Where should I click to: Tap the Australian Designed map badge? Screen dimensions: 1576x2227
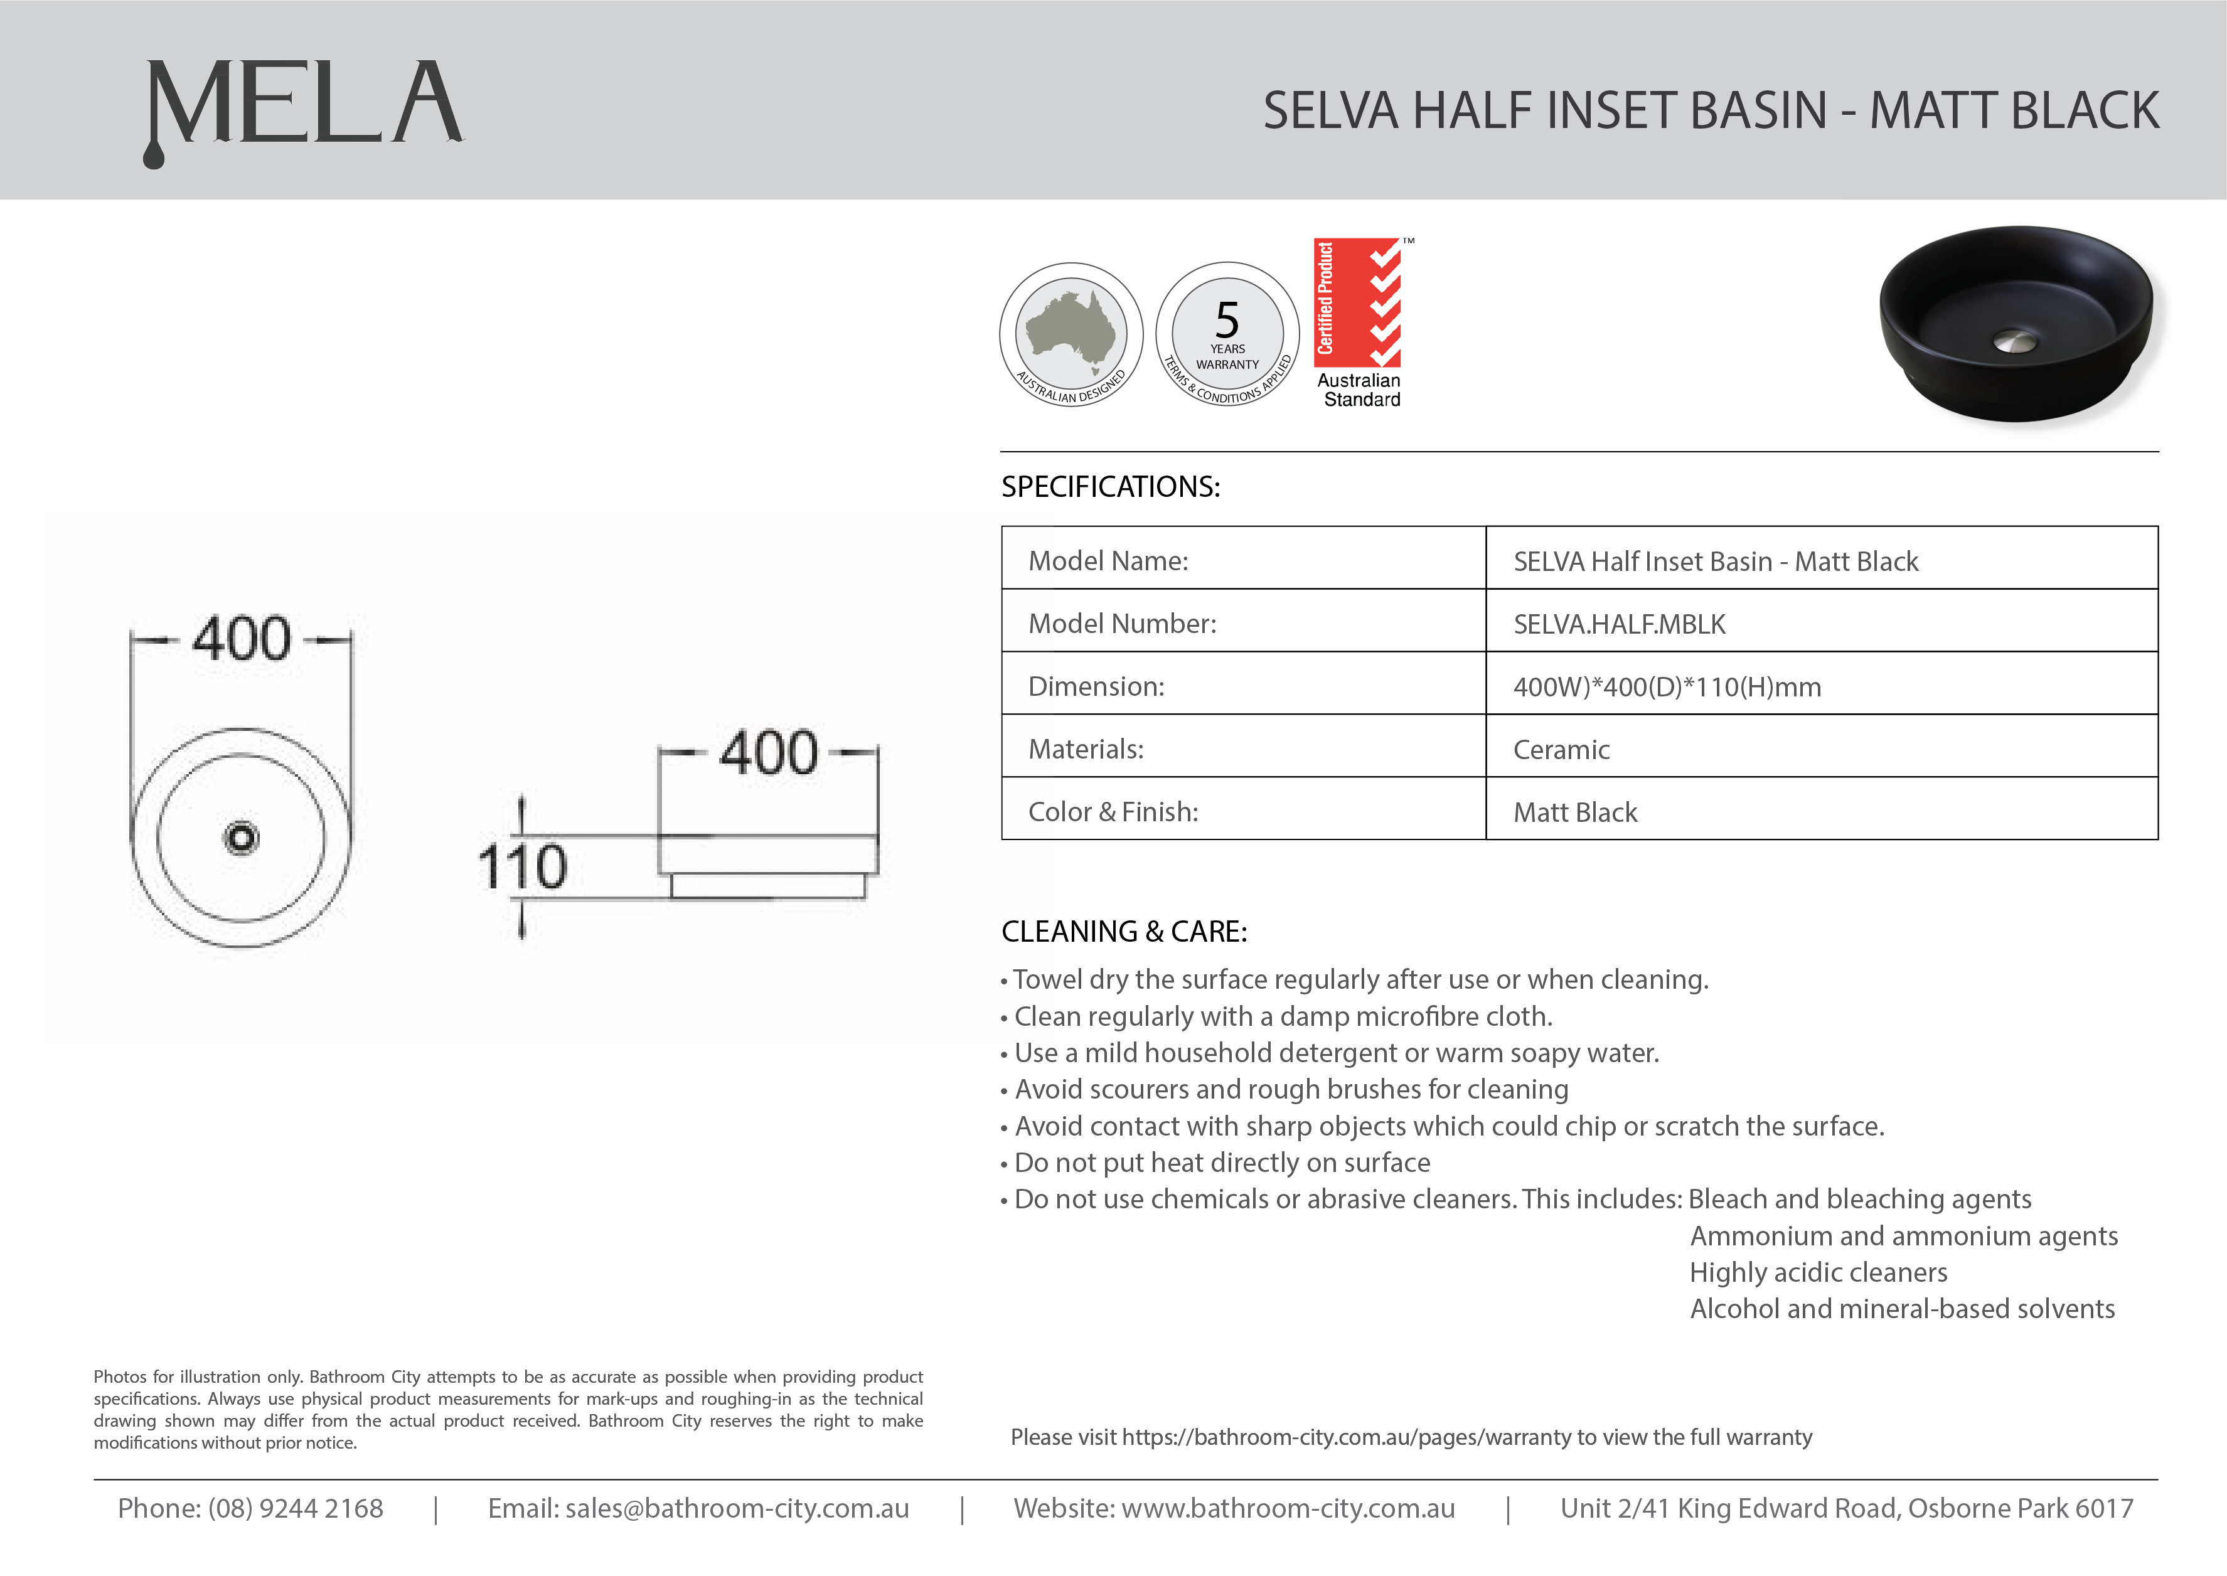point(1071,334)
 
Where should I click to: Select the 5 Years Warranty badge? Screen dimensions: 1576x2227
point(1227,334)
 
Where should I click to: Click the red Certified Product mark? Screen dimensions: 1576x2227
point(1357,302)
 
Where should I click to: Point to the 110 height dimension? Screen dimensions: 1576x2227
point(522,866)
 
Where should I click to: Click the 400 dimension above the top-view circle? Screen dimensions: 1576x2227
point(242,639)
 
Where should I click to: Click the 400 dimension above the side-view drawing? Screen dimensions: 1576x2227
point(769,752)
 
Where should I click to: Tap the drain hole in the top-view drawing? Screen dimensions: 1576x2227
point(241,838)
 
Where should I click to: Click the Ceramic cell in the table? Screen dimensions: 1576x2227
point(1561,749)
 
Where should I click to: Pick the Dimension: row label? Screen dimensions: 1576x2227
point(1096,686)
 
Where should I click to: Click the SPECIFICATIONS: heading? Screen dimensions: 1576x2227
point(1110,486)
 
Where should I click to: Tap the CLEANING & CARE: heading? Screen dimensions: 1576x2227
point(1124,932)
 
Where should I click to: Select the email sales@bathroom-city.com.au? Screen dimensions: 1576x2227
point(737,1508)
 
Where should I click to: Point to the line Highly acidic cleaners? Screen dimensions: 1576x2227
point(1817,1272)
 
